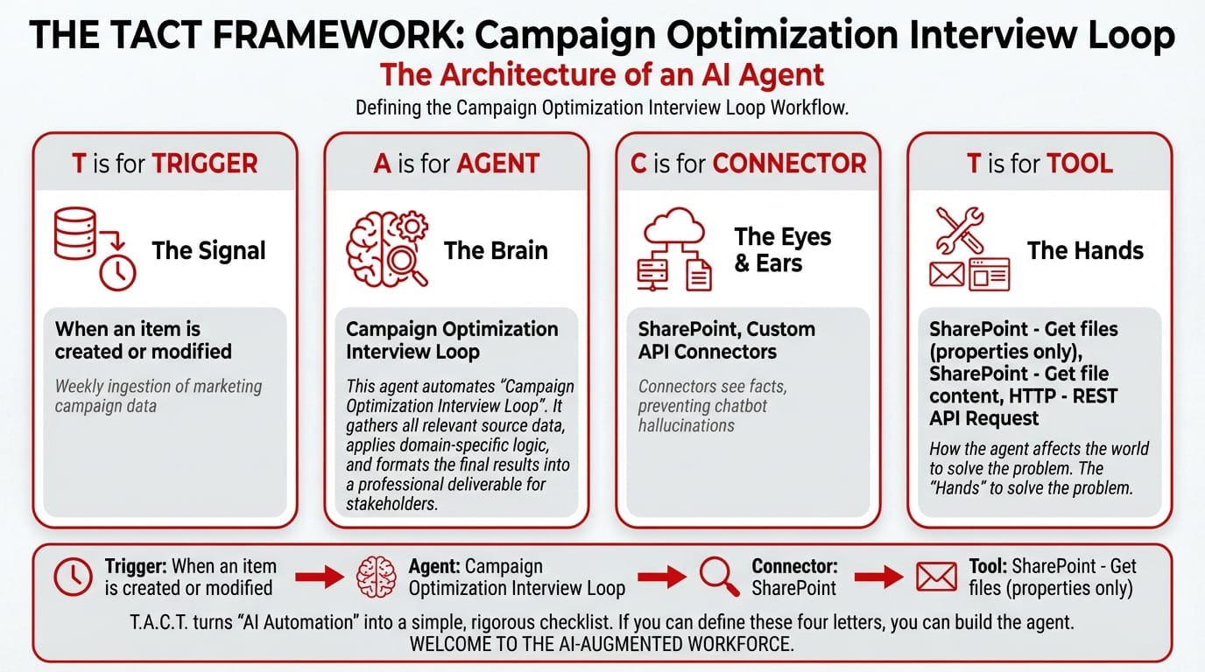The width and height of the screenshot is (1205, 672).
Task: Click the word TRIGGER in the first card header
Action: [204, 164]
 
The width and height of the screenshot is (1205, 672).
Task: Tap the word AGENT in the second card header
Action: [497, 164]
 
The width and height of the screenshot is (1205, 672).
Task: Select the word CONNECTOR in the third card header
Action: [789, 164]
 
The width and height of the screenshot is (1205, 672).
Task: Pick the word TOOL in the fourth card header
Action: [1080, 164]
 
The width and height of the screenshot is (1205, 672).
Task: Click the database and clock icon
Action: [95, 248]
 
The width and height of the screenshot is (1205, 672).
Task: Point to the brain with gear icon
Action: [387, 248]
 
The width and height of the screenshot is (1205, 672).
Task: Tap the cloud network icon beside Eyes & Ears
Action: [674, 248]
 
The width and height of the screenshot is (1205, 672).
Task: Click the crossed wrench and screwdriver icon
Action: [960, 230]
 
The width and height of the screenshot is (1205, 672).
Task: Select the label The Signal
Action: [208, 250]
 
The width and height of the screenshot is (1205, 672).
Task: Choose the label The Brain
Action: [496, 250]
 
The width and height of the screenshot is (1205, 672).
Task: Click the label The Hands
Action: [1085, 250]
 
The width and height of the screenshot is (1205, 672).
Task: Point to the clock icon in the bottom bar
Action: [74, 577]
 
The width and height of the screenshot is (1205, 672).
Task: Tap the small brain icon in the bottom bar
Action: [377, 577]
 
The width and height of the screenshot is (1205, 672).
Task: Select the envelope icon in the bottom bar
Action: [936, 577]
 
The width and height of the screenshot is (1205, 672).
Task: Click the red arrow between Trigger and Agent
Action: [320, 577]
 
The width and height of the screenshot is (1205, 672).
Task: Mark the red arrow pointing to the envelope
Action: [879, 577]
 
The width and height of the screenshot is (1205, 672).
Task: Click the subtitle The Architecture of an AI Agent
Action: [602, 74]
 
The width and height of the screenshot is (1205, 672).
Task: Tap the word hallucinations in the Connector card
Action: [686, 425]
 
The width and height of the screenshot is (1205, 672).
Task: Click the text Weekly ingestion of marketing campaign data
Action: [159, 395]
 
